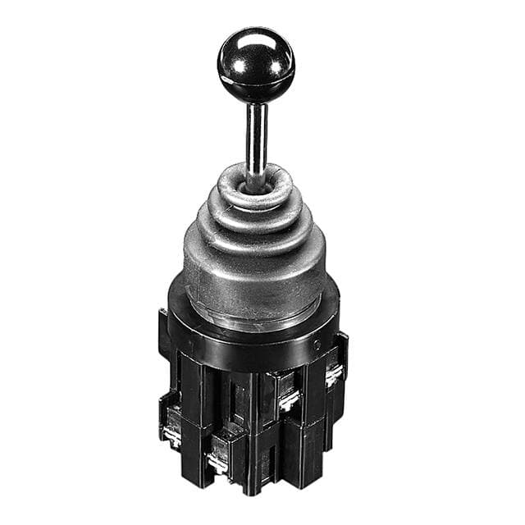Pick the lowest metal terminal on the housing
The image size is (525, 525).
[x=217, y=463]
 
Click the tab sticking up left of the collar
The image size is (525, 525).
[x=164, y=316]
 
